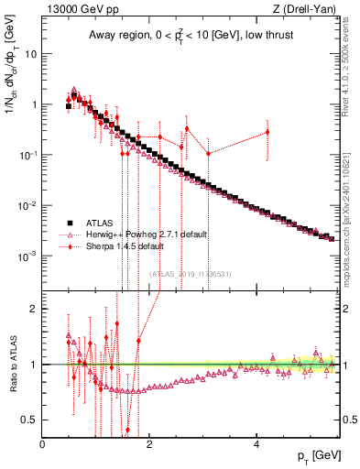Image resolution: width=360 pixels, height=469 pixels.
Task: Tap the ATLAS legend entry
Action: pos(96,223)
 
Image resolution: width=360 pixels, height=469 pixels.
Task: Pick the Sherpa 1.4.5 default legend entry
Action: pos(119,246)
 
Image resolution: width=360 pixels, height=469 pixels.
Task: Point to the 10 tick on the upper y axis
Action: pos(31,53)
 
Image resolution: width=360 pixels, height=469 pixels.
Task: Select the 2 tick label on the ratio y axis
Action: pos(35,309)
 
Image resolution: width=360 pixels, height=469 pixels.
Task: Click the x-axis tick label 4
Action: pos(257,443)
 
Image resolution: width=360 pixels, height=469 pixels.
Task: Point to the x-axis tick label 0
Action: pos(43,443)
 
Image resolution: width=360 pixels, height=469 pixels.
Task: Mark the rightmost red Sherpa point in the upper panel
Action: pos(267,132)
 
